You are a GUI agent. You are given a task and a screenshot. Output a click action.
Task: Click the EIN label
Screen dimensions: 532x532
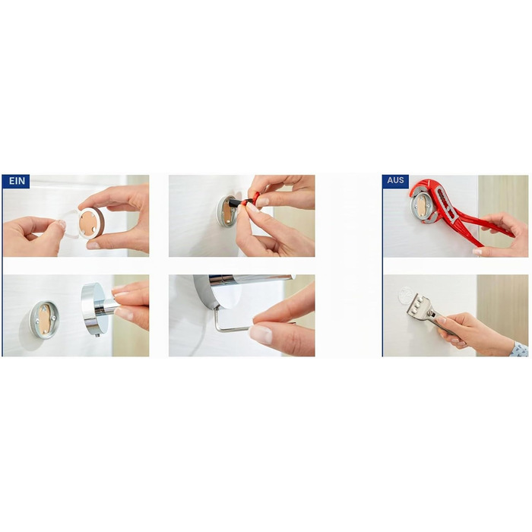[17, 181]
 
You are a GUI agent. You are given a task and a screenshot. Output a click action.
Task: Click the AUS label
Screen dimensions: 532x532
[395, 180]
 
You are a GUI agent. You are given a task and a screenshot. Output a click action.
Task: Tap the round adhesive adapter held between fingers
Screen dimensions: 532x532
[91, 223]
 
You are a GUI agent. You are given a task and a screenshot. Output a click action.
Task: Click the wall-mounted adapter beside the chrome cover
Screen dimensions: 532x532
[44, 319]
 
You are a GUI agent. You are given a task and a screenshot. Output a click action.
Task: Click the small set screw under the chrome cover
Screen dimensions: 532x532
[98, 336]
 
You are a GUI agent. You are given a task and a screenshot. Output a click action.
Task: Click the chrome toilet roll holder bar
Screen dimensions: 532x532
[251, 279]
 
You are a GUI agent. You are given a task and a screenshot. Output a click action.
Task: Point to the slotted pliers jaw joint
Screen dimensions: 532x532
[446, 204]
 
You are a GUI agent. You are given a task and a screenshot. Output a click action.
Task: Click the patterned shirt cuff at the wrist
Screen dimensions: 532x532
[520, 349]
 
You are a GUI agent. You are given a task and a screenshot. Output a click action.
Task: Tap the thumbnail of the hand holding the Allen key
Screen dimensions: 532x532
[261, 334]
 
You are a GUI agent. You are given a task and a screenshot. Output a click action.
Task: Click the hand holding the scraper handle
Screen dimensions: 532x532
[475, 331]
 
